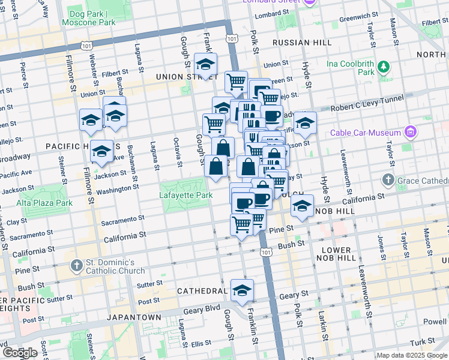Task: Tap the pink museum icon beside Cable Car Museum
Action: [411, 131]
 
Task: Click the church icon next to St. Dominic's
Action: [76, 265]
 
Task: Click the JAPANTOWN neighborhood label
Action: [134, 317]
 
